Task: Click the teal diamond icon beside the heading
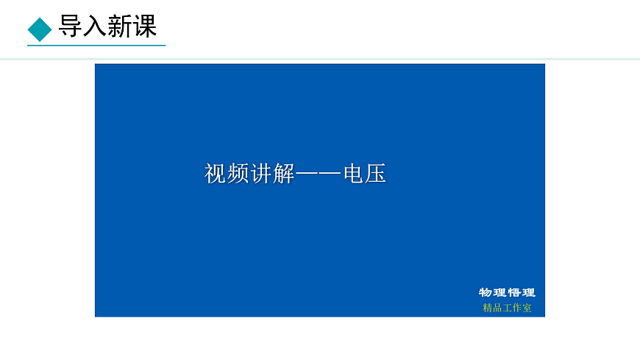click(x=40, y=29)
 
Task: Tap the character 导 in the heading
click(x=71, y=27)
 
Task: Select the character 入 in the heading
click(x=95, y=27)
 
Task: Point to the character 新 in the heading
click(x=120, y=27)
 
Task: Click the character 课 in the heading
click(x=145, y=27)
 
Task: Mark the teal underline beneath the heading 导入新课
click(x=96, y=46)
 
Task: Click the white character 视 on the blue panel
click(x=216, y=174)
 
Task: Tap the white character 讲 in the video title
click(x=261, y=174)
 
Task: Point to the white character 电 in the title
click(x=353, y=174)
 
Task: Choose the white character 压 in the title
click(x=376, y=174)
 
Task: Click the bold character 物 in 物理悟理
click(x=486, y=292)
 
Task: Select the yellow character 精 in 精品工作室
click(x=488, y=308)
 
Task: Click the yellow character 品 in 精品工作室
click(x=497, y=308)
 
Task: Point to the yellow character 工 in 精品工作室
click(x=507, y=308)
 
